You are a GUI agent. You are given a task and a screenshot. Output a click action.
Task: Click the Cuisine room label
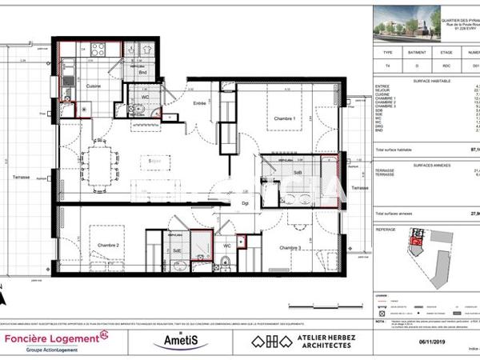[x=94, y=86]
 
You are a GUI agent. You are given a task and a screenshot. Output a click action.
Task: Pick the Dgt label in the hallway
[x=246, y=204]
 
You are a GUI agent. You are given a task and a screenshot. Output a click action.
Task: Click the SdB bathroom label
[x=297, y=172]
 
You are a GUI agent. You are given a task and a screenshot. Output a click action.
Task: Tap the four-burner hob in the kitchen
[x=99, y=50]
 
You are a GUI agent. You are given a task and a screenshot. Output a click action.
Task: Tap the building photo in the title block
[x=407, y=24]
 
